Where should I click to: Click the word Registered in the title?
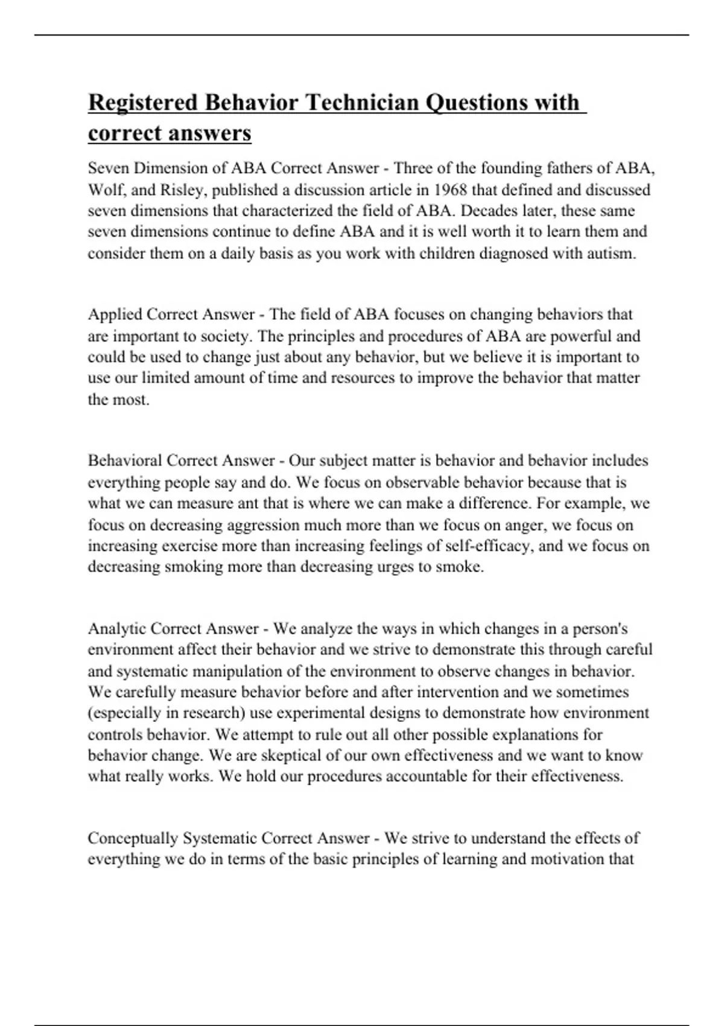coord(143,103)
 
